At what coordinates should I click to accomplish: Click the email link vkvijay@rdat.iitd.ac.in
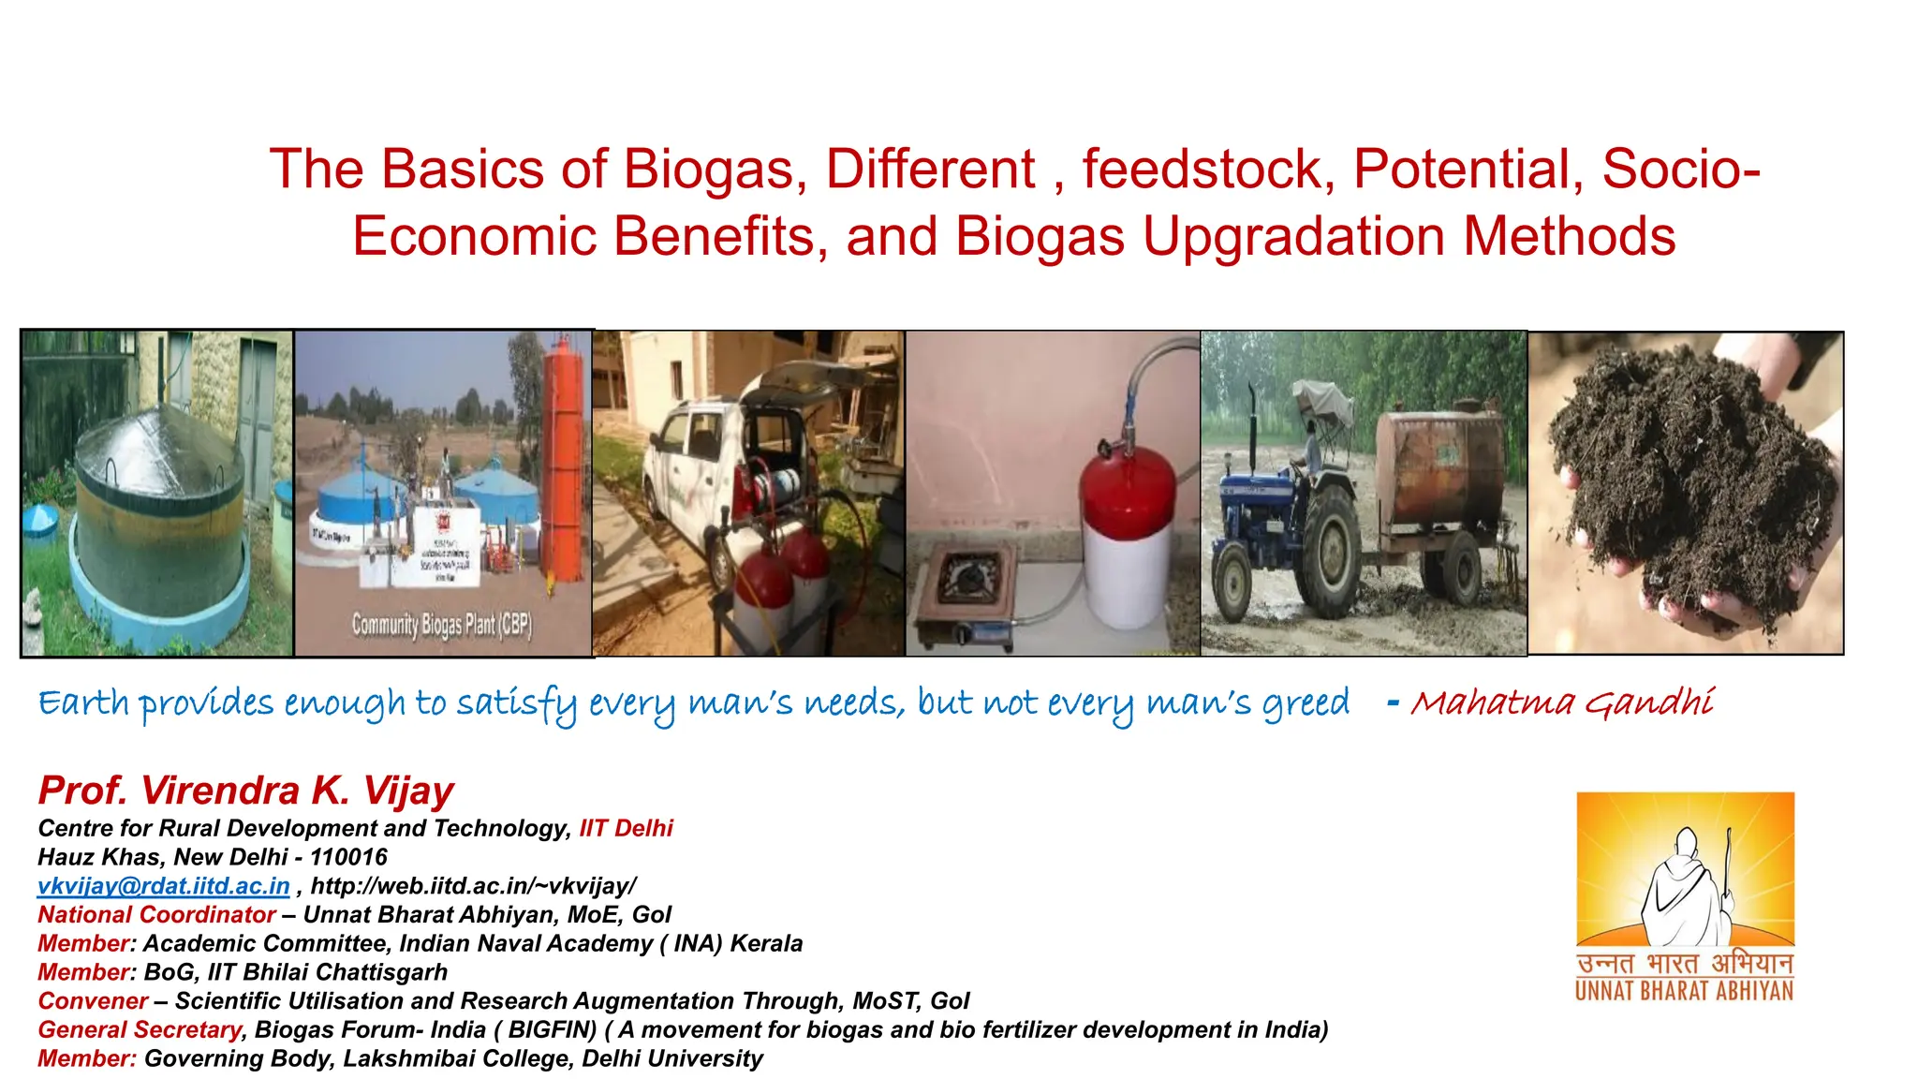164,886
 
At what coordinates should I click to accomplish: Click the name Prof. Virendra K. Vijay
245,791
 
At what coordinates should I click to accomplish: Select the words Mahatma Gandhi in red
1562,702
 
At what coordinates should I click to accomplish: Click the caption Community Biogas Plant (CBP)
441,624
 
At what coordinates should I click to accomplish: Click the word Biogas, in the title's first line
715,170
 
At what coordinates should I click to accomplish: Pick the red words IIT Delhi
626,829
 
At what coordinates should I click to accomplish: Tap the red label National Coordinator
156,915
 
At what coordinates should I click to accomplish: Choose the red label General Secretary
140,1030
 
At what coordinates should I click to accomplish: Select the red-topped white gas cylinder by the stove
1127,543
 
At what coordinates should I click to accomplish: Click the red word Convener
93,1001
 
